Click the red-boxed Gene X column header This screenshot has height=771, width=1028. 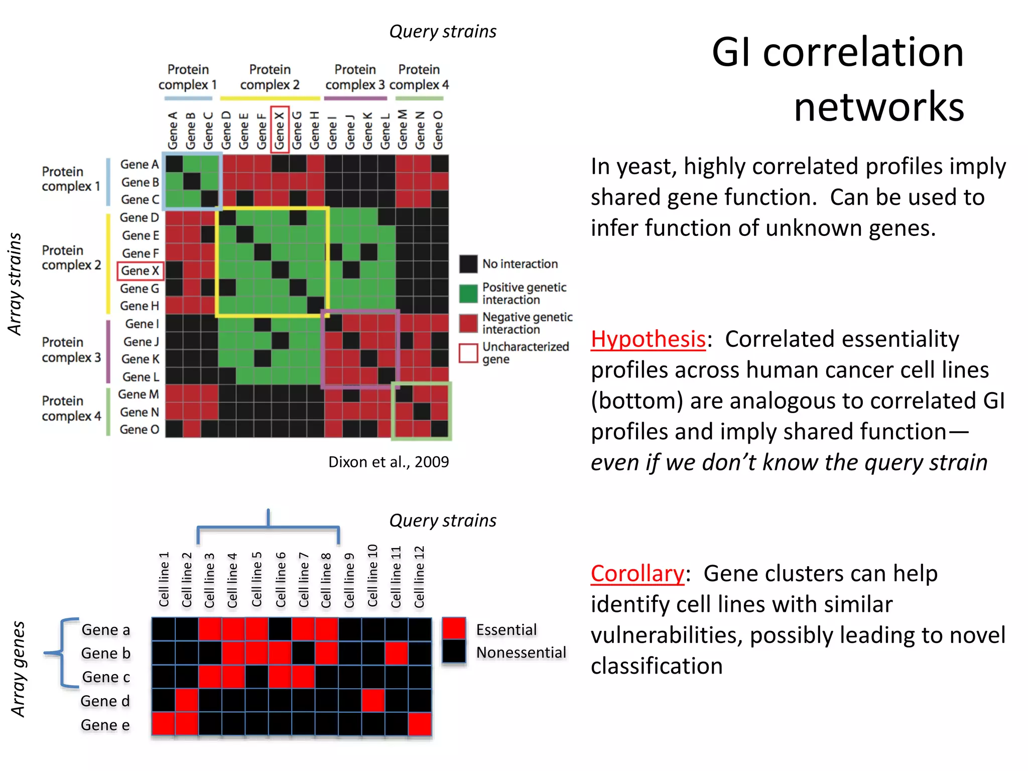click(280, 130)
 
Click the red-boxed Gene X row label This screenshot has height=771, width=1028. click(140, 271)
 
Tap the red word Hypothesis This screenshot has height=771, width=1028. click(648, 339)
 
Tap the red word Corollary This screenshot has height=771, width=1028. click(637, 574)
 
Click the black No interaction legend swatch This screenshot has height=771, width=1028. click(468, 264)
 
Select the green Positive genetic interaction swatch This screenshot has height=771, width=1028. click(468, 294)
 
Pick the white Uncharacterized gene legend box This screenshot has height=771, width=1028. click(468, 353)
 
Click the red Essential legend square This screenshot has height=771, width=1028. click(454, 628)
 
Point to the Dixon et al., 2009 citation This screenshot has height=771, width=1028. click(389, 462)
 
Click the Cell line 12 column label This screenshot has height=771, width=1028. click(420, 577)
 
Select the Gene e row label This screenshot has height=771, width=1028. click(105, 725)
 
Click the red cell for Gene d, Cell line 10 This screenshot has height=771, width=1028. click(373, 701)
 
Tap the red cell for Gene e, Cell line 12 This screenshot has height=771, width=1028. click(420, 724)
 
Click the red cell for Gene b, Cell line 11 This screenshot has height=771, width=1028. click(396, 653)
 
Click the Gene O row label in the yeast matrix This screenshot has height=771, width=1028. click(139, 430)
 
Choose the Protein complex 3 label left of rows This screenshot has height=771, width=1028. click(71, 350)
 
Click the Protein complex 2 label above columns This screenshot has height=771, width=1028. click(270, 77)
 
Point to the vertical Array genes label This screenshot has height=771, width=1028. click(19, 669)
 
